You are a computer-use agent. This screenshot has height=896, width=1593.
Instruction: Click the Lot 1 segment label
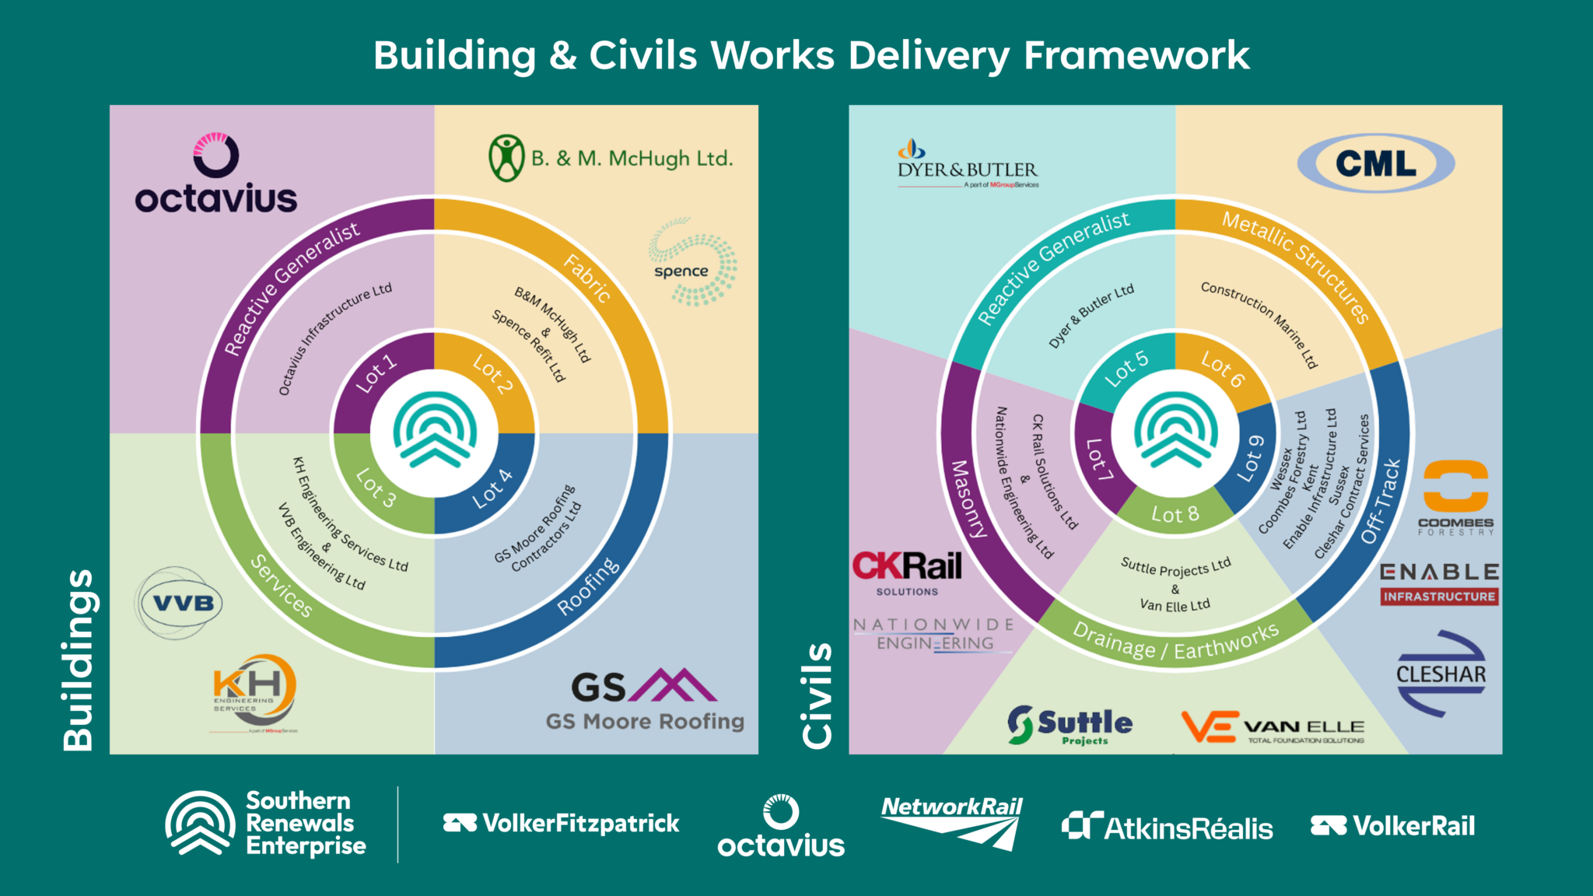tap(376, 374)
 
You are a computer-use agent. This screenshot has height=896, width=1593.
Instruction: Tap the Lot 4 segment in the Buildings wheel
tap(492, 488)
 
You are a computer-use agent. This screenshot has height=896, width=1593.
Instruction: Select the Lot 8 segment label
tap(1175, 514)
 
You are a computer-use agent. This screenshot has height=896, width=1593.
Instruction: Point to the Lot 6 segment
tap(1222, 368)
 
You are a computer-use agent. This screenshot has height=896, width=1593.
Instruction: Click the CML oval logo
tap(1375, 163)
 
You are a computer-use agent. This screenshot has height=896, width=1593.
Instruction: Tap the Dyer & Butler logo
tap(967, 165)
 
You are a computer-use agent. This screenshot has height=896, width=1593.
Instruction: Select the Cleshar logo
tap(1441, 674)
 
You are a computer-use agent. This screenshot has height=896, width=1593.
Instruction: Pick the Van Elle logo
tap(1273, 727)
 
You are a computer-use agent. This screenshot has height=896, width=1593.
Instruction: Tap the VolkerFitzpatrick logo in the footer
tap(562, 823)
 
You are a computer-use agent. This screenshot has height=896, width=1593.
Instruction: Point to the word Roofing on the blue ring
tap(589, 586)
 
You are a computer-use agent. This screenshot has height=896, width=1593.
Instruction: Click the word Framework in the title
tap(1136, 56)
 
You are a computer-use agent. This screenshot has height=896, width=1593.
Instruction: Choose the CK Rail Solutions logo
tap(907, 572)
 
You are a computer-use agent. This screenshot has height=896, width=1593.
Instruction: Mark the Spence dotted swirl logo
tap(691, 261)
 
